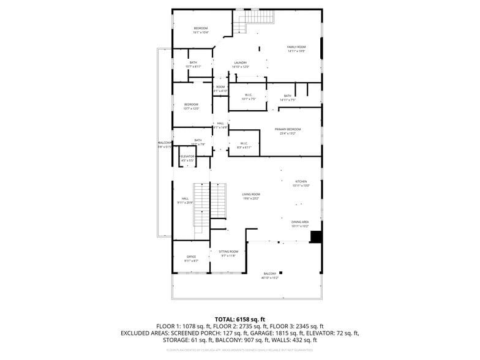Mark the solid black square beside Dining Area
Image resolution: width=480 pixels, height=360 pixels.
(317, 237)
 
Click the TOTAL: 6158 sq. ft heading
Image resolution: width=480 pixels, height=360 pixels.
(239, 319)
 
